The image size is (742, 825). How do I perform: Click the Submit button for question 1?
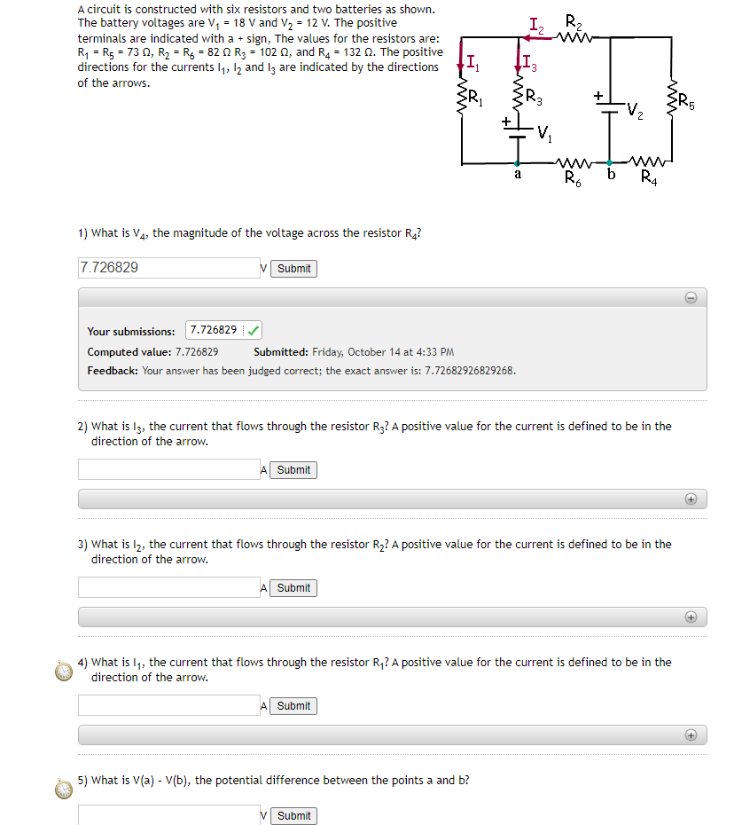click(x=293, y=269)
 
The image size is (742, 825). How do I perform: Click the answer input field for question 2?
click(x=168, y=469)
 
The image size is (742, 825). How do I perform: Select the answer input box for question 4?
click(x=168, y=705)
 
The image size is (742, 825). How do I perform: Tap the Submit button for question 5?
click(x=293, y=815)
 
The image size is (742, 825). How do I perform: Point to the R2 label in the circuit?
click(x=574, y=21)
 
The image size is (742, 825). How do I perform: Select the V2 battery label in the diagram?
click(x=635, y=110)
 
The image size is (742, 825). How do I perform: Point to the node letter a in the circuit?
click(x=518, y=175)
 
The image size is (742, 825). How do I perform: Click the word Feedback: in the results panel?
click(x=113, y=370)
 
